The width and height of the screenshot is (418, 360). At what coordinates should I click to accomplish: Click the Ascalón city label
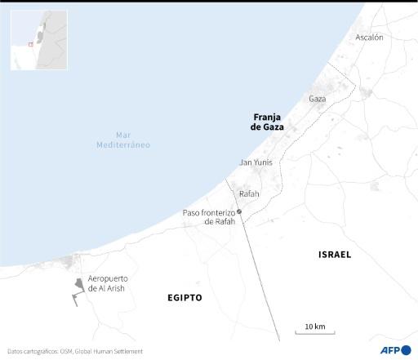click(x=369, y=38)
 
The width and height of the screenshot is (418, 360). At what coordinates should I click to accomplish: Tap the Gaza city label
click(x=317, y=99)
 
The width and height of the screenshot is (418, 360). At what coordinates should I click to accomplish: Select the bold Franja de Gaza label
click(x=267, y=122)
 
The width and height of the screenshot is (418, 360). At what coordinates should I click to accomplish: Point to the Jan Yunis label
click(x=256, y=162)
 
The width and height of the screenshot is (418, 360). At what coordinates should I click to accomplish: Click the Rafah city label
click(x=248, y=193)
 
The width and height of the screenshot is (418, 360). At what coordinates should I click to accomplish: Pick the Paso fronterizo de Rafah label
click(x=208, y=217)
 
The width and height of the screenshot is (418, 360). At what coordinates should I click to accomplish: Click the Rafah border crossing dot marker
click(x=239, y=211)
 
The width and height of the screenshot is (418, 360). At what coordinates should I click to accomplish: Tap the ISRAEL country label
click(x=334, y=255)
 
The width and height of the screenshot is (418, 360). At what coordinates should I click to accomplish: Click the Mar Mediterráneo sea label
click(x=123, y=140)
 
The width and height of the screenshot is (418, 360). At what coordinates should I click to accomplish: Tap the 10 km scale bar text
click(x=314, y=327)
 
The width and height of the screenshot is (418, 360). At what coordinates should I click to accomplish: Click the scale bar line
click(x=314, y=334)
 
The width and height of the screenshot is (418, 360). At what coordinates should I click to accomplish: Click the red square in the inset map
click(x=30, y=44)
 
